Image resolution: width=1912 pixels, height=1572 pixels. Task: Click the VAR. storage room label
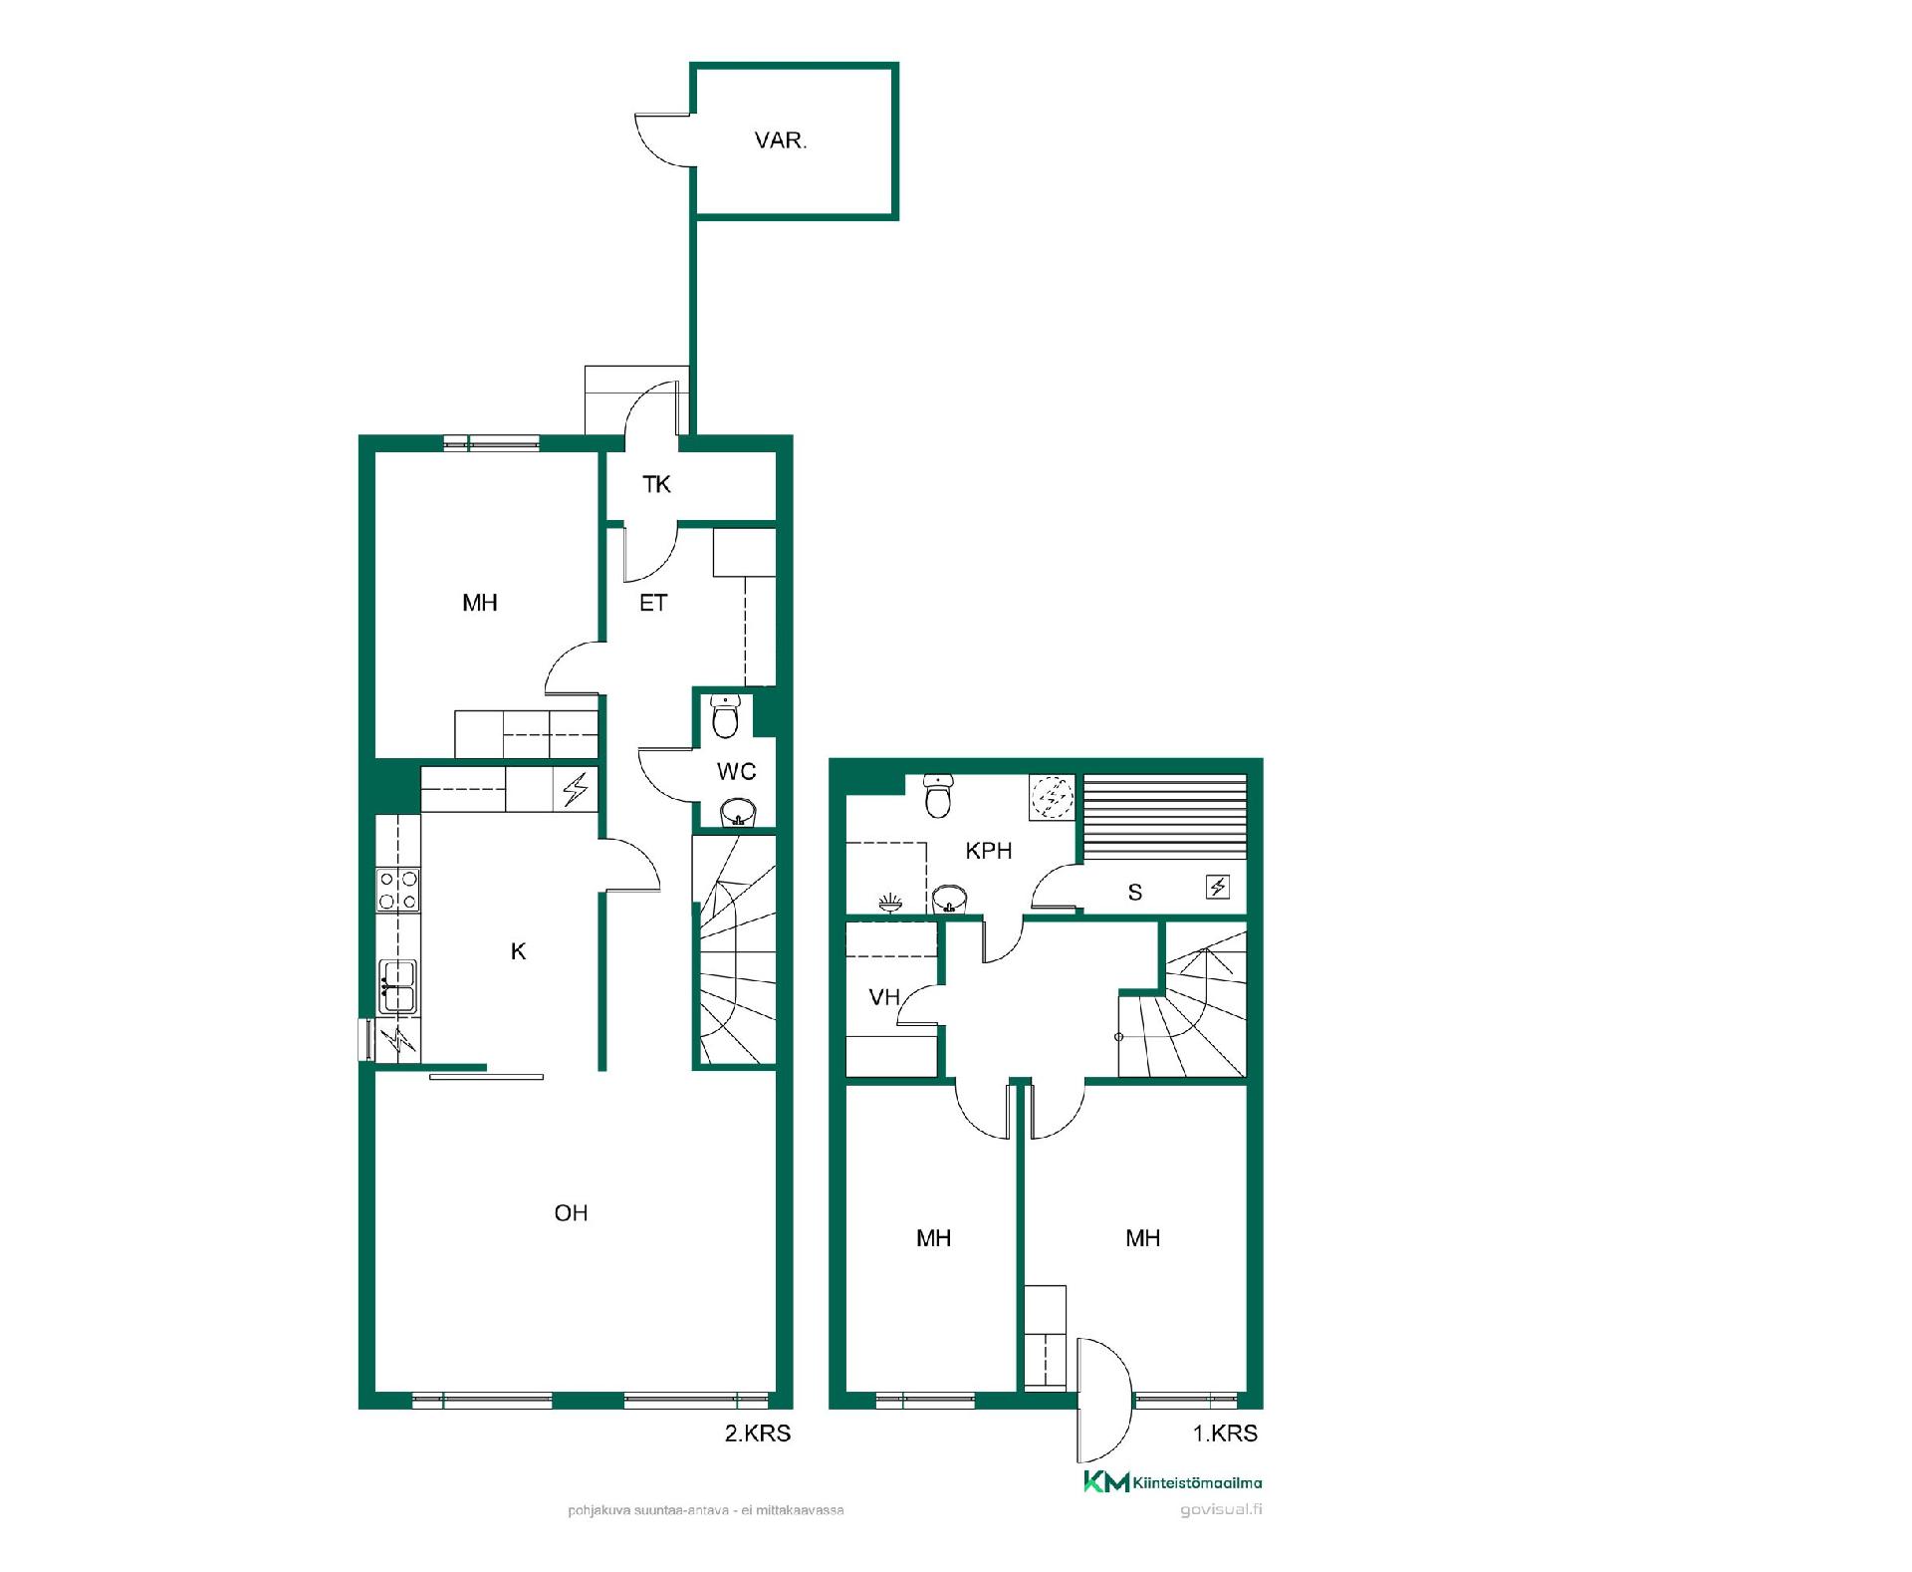coord(781,140)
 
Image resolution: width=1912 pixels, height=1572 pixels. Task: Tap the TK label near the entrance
coord(656,484)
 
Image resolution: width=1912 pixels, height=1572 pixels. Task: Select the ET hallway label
coord(653,603)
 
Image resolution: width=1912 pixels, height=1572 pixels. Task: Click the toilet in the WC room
coord(726,716)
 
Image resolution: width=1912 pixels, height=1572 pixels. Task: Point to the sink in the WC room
coord(738,813)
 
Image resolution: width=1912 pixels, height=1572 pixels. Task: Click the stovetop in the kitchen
coord(397,890)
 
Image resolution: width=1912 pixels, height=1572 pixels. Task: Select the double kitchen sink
coord(397,986)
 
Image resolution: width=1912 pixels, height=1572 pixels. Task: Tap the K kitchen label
coord(518,951)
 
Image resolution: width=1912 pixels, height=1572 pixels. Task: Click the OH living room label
coord(571,1212)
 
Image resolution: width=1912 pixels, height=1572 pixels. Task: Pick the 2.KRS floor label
coord(757,1434)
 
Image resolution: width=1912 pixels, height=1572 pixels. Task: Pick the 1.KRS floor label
coord(1225,1434)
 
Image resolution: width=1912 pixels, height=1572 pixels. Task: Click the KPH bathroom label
coord(989,851)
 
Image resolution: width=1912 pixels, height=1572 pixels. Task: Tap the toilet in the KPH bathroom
coord(938,796)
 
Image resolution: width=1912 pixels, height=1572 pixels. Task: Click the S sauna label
coord(1135,893)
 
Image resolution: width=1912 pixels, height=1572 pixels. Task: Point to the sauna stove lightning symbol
coord(1218,886)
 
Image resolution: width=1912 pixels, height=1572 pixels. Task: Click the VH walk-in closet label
coord(884,996)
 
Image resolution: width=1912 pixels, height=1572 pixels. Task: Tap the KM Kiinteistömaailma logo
coord(1172,1482)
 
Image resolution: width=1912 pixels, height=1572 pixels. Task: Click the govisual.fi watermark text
coord(1221,1509)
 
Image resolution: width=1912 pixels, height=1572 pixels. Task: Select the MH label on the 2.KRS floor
coord(480,603)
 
